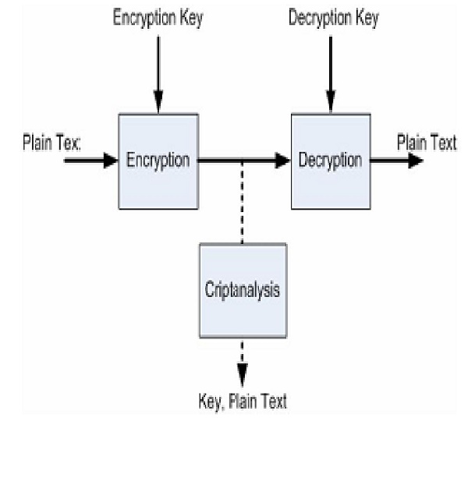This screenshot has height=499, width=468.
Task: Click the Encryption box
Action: pyautogui.click(x=158, y=161)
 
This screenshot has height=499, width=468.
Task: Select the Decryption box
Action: pyautogui.click(x=330, y=161)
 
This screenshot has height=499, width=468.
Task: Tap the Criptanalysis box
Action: pyautogui.click(x=243, y=290)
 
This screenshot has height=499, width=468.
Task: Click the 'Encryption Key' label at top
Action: pyautogui.click(x=158, y=19)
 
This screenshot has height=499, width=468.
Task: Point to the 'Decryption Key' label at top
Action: pyautogui.click(x=333, y=19)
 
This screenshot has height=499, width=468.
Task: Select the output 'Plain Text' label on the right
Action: pyautogui.click(x=427, y=143)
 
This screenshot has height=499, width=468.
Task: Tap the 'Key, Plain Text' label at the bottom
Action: pyautogui.click(x=243, y=402)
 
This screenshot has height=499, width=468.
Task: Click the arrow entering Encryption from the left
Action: pyautogui.click(x=90, y=161)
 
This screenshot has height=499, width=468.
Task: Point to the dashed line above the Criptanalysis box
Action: pyautogui.click(x=242, y=203)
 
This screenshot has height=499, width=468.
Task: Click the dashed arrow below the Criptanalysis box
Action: pyautogui.click(x=242, y=363)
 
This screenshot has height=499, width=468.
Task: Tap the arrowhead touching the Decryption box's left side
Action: pyautogui.click(x=282, y=161)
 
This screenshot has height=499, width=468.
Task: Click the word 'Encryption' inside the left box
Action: pyautogui.click(x=158, y=161)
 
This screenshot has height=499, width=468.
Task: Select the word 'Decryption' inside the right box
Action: pyautogui.click(x=330, y=161)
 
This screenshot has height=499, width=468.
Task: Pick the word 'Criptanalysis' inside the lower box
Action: pyautogui.click(x=243, y=290)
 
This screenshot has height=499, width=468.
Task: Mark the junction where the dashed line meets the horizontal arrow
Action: pyautogui.click(x=242, y=161)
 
